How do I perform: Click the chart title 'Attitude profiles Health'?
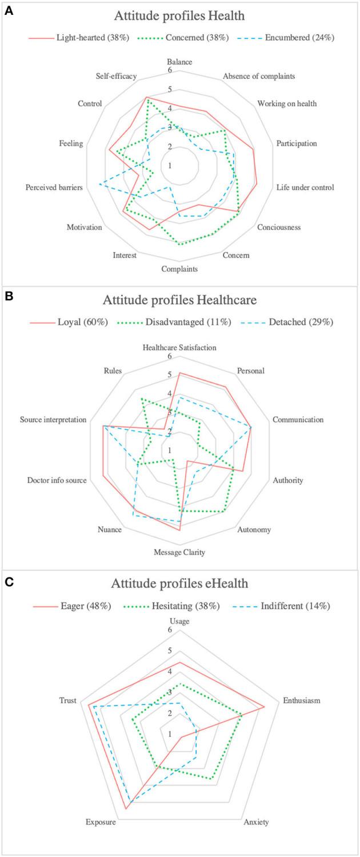point(180,16)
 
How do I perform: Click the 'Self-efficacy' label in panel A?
point(118,77)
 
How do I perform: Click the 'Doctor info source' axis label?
point(57,480)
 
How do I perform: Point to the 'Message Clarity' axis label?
point(179,552)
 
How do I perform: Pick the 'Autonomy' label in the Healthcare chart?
point(254,529)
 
